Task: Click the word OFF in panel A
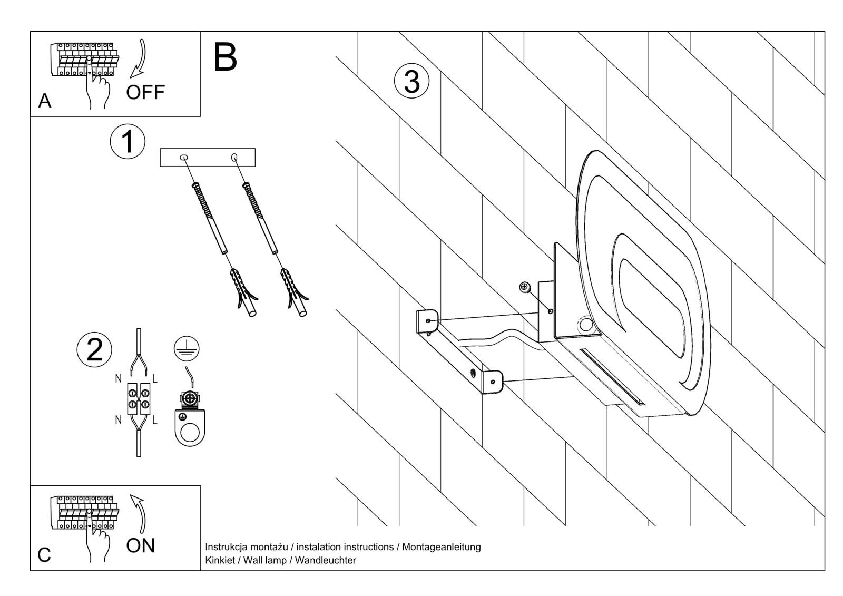tap(145, 92)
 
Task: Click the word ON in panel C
tap(141, 545)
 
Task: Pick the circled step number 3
tap(411, 82)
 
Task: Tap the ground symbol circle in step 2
tap(188, 349)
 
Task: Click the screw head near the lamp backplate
tap(524, 287)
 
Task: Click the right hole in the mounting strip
tap(234, 157)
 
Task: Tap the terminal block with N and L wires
tap(138, 398)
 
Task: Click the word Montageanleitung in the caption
tap(442, 547)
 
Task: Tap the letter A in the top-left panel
tap(45, 101)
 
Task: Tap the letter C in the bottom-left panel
tap(45, 555)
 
